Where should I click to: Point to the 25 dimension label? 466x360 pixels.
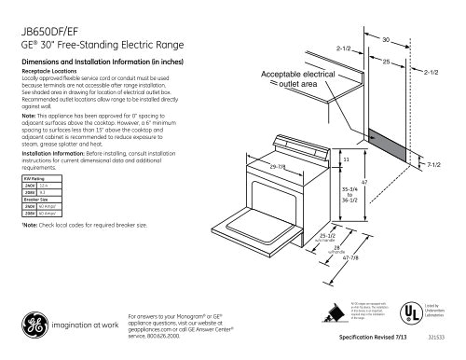click(x=386, y=62)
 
